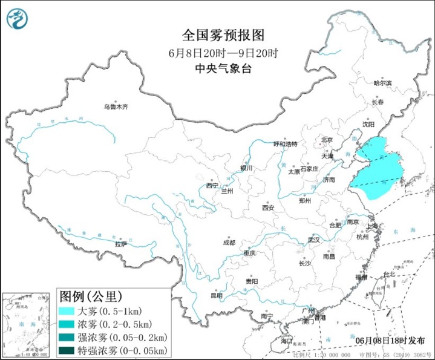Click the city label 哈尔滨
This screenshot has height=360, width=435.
tap(382, 83)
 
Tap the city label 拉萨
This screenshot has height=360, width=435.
tap(121, 244)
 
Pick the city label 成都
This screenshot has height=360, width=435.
tap(229, 242)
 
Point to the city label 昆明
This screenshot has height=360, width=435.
tap(216, 295)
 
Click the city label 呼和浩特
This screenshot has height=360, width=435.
tap(286, 144)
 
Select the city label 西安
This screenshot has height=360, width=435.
tap(268, 208)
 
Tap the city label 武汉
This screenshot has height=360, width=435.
tap(313, 240)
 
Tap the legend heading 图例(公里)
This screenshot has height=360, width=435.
tap(91, 296)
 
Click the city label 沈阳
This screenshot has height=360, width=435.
tap(368, 124)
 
